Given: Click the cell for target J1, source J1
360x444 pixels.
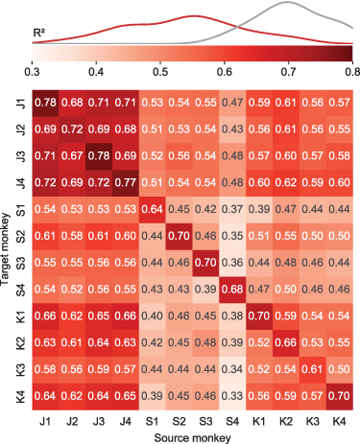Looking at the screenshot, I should click(44, 102).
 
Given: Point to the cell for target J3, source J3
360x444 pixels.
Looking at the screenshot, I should click(98, 155).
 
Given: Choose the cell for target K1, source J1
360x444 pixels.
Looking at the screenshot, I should click(44, 315).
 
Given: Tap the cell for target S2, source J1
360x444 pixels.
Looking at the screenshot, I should click(44, 235).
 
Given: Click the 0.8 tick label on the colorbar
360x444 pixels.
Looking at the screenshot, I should click(352, 71).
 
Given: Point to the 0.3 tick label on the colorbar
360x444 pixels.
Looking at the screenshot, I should click(31, 71).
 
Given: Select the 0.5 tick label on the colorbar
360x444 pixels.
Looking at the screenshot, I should click(159, 71).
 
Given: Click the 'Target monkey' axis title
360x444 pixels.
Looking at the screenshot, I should click(7, 247).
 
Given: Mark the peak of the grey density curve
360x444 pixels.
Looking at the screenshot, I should click(288, 4).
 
